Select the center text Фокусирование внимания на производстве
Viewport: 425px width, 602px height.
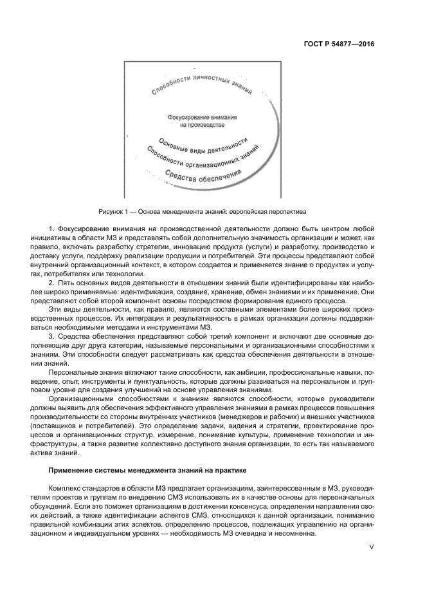[x=201, y=122]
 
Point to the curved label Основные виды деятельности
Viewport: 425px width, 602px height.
[x=203, y=146]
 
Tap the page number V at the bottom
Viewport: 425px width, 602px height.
[x=371, y=548]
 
